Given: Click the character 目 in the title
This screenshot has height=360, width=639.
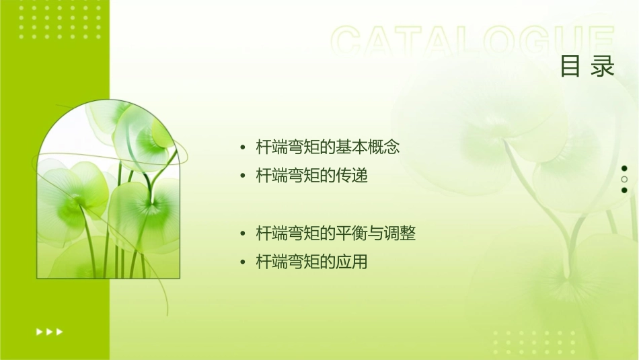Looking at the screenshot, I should click(570, 67).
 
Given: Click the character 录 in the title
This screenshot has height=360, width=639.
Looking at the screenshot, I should click(603, 67).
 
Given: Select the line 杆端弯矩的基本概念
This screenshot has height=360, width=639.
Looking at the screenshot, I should click(328, 147).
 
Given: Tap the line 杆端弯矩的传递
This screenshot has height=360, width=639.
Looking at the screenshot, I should click(312, 176).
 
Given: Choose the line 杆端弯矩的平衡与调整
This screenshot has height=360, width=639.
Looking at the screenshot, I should click(336, 233).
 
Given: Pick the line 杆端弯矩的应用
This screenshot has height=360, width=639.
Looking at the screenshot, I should click(312, 262).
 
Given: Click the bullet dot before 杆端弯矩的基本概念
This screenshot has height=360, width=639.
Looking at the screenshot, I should click(243, 147).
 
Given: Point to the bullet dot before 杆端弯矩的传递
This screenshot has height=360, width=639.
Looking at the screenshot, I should click(243, 176).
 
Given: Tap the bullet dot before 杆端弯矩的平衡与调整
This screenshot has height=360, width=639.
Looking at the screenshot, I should click(243, 234).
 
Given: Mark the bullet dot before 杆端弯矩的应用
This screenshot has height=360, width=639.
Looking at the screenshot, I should click(243, 262).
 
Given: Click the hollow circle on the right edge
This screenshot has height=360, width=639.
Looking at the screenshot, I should click(624, 179).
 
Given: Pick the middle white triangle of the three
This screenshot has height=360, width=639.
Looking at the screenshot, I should click(49, 332).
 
